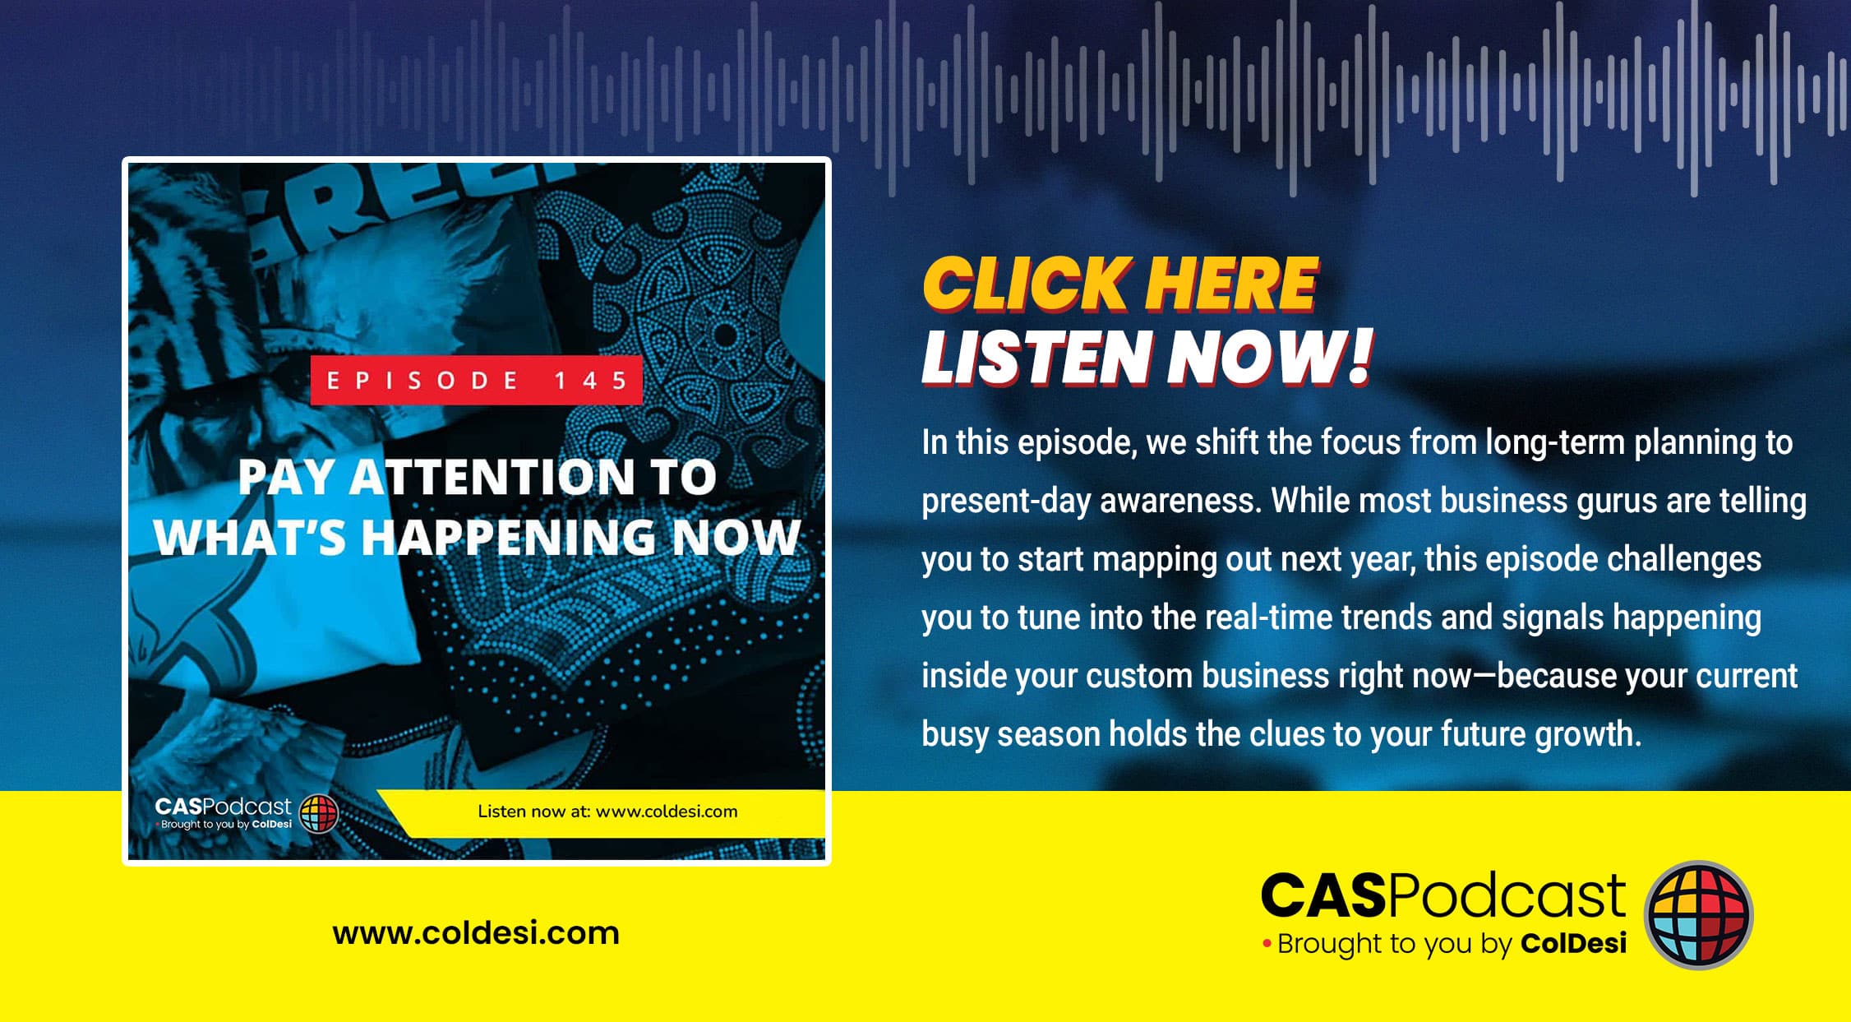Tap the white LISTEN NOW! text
pos(1147,357)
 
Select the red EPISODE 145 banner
pos(476,380)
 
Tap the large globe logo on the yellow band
pos(1698,915)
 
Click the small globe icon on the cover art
pos(319,814)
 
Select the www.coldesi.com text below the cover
pos(476,933)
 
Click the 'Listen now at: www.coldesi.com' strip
pos(607,812)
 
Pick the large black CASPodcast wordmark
pos(1442,895)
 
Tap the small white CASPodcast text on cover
pos(223,807)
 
